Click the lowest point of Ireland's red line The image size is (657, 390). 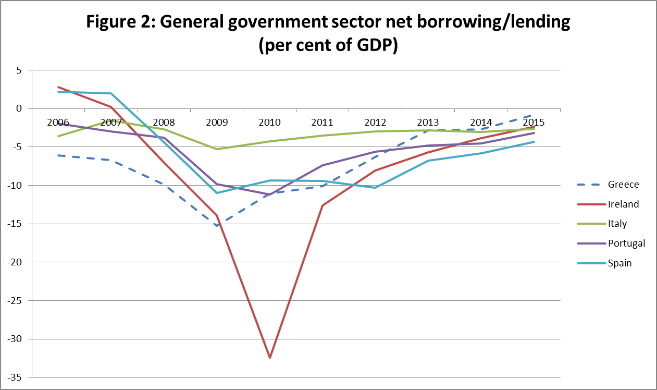pyautogui.click(x=270, y=358)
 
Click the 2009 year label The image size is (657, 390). pyautogui.click(x=217, y=123)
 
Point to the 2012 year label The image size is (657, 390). pyautogui.click(x=375, y=123)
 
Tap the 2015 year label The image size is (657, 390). pyautogui.click(x=534, y=123)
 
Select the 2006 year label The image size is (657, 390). pyautogui.click(x=58, y=123)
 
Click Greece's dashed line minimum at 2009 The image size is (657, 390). pyautogui.click(x=217, y=225)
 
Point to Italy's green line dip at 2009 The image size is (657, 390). pyautogui.click(x=217, y=149)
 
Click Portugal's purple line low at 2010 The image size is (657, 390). pyautogui.click(x=270, y=194)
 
